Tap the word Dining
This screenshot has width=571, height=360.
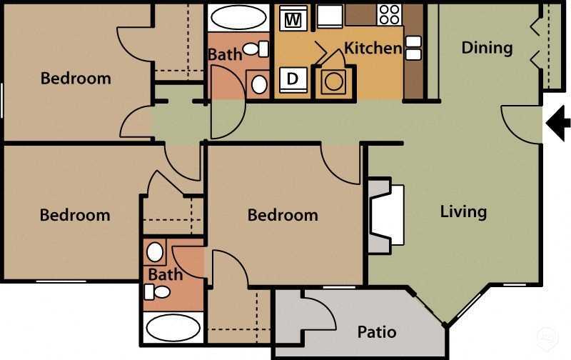(x=487, y=48)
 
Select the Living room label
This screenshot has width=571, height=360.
(x=463, y=211)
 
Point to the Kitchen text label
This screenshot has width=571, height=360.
(x=373, y=49)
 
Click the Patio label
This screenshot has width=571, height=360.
(x=377, y=332)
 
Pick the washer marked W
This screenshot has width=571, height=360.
(x=292, y=20)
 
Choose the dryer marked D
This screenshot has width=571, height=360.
(x=292, y=79)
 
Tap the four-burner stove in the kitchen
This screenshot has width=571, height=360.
(x=389, y=14)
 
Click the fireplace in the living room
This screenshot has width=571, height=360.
(x=387, y=215)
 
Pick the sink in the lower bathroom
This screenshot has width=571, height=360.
(x=155, y=253)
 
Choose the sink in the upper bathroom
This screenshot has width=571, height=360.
(x=258, y=84)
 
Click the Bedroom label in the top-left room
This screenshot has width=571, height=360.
(x=76, y=79)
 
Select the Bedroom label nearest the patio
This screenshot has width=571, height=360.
(x=283, y=215)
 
